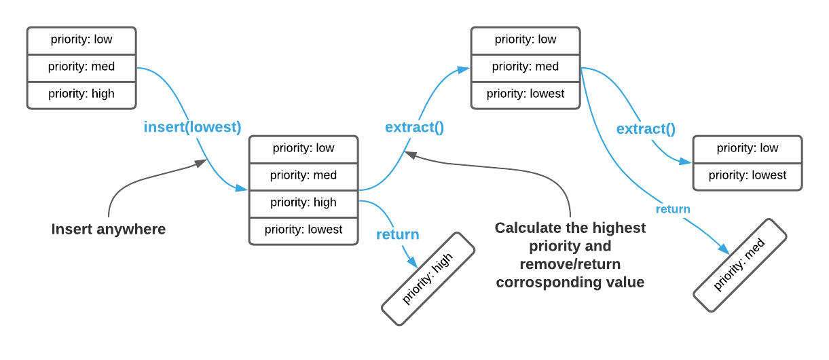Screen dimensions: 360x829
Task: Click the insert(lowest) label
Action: [192, 127]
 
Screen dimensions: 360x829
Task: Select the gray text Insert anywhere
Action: [109, 230]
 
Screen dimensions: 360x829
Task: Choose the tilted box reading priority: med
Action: [739, 266]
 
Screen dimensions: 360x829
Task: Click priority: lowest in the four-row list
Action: [303, 230]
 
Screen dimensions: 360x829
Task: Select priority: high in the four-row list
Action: [303, 202]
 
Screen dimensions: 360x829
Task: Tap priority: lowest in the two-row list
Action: [748, 175]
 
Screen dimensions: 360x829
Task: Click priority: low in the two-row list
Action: [748, 148]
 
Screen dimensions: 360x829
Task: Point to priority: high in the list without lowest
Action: [81, 94]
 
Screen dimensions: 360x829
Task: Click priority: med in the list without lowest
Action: [81, 67]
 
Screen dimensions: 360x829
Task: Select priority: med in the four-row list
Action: [303, 175]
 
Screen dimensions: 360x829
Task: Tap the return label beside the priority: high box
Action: [397, 235]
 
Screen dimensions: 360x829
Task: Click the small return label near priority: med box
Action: [673, 209]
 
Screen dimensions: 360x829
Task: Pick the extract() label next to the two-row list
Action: [646, 128]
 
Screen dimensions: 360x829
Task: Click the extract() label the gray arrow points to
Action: [414, 127]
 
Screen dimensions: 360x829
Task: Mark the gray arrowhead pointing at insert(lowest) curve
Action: [202, 162]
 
